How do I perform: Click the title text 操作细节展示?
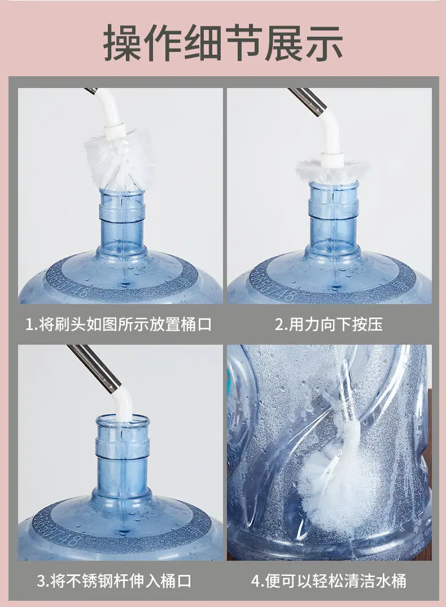click(223, 43)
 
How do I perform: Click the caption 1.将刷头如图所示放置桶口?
click(119, 324)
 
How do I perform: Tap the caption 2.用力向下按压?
click(329, 324)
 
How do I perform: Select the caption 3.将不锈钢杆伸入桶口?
click(115, 581)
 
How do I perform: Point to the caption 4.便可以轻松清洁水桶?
click(329, 581)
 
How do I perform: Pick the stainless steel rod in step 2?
click(308, 101)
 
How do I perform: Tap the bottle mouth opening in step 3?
click(123, 421)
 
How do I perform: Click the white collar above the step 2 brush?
click(333, 160)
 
